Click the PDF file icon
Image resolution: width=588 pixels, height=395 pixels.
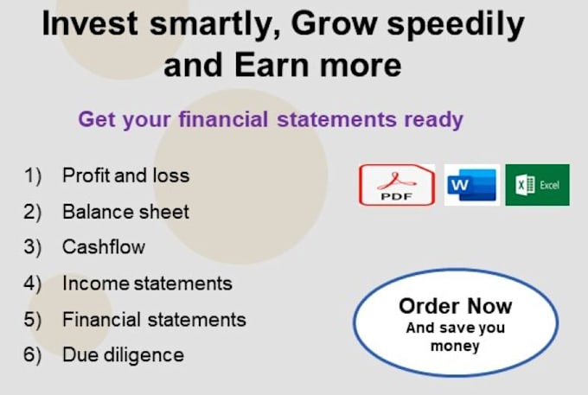point(397,185)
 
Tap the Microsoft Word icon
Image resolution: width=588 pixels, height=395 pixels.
point(472,185)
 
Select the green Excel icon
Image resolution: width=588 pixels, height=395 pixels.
point(537,185)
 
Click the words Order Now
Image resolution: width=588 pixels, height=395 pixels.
point(455,306)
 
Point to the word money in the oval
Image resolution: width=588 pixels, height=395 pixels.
point(455,346)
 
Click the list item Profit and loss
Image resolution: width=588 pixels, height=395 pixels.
point(126,175)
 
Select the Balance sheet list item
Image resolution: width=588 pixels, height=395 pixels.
point(125,212)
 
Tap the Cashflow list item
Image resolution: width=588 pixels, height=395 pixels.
point(104,247)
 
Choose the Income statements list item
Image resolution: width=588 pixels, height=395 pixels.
point(147,284)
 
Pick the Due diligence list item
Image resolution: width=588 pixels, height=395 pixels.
point(124,355)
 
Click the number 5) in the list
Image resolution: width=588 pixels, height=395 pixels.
point(33,320)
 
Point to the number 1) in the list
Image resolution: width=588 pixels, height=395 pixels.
point(33,175)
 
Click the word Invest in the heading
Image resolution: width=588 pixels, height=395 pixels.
point(90,23)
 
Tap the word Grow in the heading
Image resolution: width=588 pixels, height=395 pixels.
point(334,23)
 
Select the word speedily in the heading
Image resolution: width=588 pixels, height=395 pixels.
point(456,25)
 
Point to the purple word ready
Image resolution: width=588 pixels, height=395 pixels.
point(433,120)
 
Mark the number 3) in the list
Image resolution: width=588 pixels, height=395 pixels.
point(33,247)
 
